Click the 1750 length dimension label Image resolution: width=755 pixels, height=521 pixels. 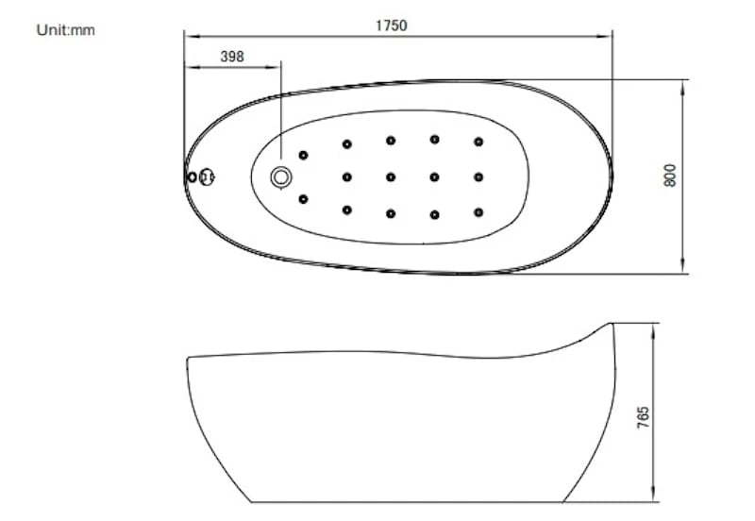(391, 25)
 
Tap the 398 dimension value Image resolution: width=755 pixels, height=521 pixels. (232, 57)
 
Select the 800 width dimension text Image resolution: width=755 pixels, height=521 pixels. (670, 176)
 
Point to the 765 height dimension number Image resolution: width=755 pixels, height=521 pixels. (644, 417)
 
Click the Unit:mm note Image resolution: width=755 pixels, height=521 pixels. (65, 30)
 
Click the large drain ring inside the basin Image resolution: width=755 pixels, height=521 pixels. (281, 177)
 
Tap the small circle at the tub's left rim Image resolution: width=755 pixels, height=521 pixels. (192, 177)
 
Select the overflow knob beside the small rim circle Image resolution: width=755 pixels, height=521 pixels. (207, 176)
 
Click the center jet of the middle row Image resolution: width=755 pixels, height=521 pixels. (391, 177)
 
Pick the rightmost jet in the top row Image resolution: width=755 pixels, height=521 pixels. (478, 142)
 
